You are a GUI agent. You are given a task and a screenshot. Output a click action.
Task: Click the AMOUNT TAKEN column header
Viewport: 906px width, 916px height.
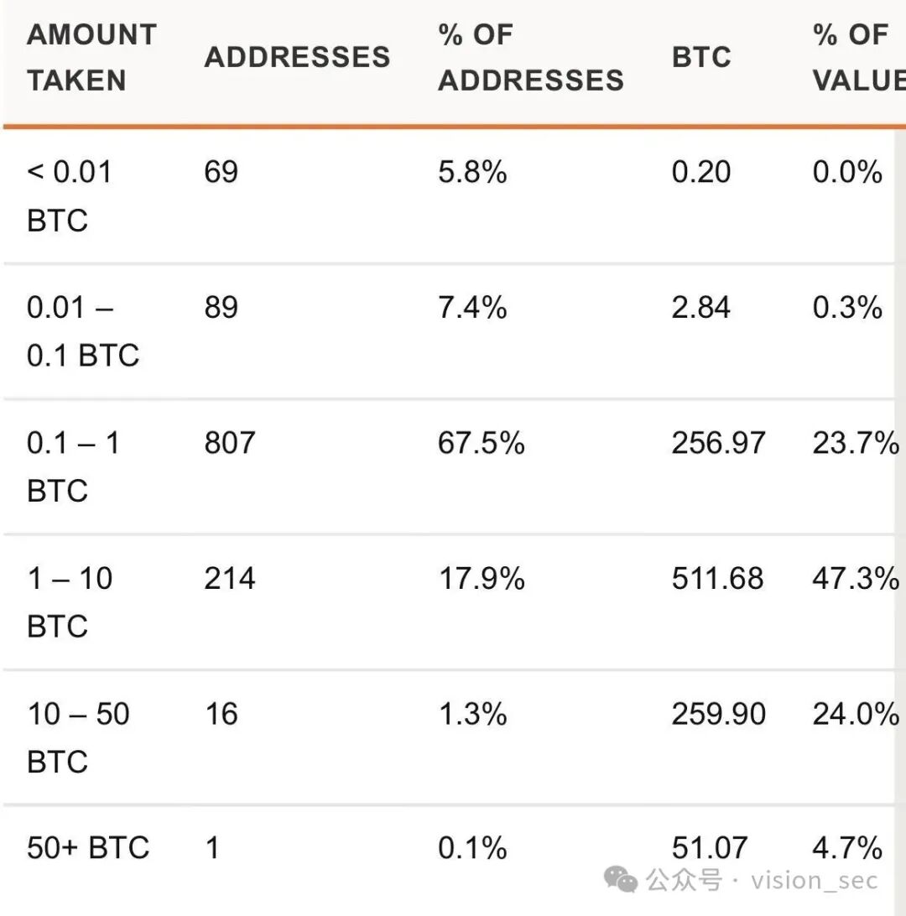pos(91,57)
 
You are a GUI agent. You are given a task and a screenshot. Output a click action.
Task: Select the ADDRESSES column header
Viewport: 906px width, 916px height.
pos(297,57)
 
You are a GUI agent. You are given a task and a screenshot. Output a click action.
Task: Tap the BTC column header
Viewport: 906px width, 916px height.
pos(701,57)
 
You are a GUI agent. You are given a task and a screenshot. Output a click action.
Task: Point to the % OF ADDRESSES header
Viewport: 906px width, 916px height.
pos(531,57)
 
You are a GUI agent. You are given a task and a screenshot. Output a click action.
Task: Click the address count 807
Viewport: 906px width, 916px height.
pos(230,443)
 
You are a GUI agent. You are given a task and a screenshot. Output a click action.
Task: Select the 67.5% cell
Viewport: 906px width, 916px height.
pos(482,443)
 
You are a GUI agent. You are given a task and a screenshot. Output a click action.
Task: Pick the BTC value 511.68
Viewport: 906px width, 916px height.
pos(717,578)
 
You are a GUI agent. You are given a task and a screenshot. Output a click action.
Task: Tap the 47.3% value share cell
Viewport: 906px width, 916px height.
pos(856,578)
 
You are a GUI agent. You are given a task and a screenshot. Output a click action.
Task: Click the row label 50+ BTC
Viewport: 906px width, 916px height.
pos(88,848)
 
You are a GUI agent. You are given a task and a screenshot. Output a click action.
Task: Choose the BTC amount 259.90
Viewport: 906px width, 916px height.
pos(718,714)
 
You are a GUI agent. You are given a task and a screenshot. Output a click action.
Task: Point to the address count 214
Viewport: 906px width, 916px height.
pos(230,578)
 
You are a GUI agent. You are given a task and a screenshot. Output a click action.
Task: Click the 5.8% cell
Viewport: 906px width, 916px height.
pos(472,172)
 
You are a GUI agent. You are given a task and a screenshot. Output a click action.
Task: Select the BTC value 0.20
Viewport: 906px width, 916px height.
pos(701,172)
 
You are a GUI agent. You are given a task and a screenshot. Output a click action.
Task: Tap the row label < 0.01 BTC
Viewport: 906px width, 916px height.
pos(69,196)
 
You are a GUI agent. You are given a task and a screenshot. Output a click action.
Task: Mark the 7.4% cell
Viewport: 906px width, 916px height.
pos(472,307)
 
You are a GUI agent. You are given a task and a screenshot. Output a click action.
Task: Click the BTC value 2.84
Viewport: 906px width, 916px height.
pos(701,307)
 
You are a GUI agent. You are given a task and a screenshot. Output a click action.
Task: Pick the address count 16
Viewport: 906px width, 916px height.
pos(221,714)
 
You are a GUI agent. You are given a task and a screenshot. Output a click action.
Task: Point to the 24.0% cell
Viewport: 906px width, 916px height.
pos(856,714)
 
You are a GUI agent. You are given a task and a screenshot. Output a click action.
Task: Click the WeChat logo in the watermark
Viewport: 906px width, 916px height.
pos(620,879)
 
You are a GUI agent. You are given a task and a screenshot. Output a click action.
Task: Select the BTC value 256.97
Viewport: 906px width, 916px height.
pos(718,443)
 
